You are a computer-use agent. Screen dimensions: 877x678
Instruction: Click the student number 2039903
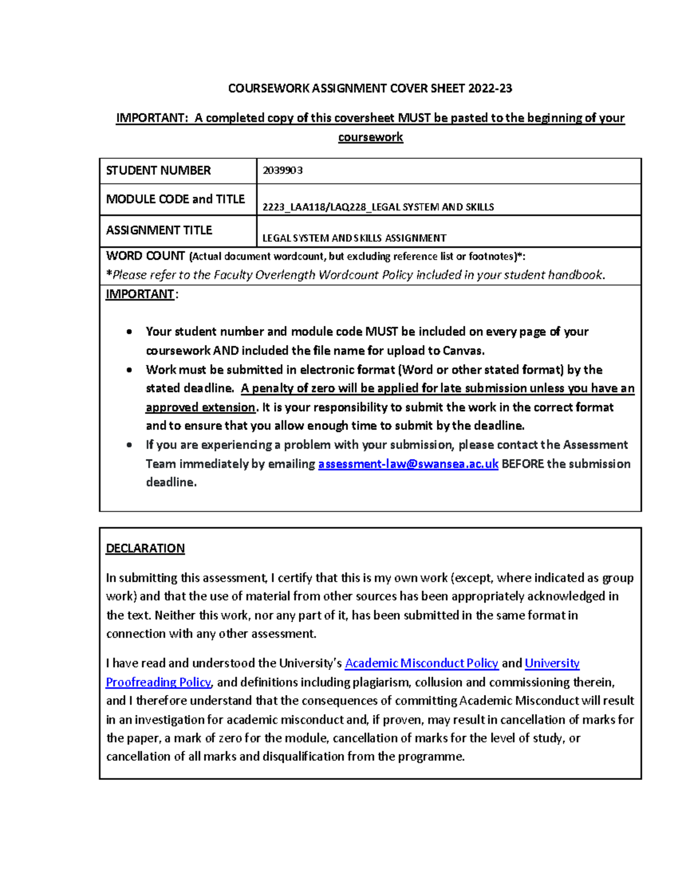282,171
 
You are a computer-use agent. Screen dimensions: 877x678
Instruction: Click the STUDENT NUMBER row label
158,171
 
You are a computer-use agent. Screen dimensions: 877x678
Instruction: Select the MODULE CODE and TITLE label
175,199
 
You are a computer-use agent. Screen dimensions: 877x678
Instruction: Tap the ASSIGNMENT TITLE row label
159,230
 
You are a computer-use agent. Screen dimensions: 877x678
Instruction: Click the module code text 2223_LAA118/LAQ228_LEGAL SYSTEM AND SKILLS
378,207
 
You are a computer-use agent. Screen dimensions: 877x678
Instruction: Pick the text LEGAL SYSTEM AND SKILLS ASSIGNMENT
354,238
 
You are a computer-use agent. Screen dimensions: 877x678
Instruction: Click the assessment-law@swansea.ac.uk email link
408,464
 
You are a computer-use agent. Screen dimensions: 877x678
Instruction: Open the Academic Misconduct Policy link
421,663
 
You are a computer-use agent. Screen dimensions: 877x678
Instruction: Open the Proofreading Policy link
158,682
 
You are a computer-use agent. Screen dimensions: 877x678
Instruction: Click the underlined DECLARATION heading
145,548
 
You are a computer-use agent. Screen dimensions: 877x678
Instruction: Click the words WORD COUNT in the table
145,256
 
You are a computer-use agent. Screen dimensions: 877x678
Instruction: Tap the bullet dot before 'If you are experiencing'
130,445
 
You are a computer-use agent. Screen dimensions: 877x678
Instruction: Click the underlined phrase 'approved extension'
200,407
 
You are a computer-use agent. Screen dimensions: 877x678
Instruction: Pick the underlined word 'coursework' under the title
370,137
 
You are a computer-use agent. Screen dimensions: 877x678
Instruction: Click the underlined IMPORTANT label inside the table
140,294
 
